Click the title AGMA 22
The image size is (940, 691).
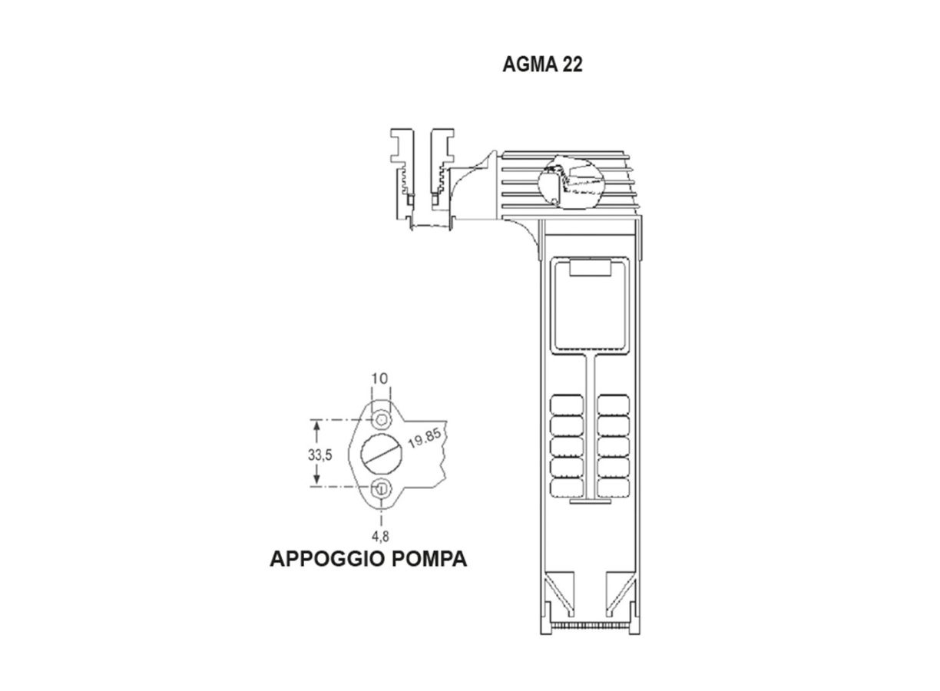tap(543, 65)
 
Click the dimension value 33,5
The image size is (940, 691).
tap(320, 455)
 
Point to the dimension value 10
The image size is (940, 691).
tap(380, 379)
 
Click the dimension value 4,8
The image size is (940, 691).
tap(380, 536)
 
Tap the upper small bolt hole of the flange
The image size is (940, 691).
tap(381, 419)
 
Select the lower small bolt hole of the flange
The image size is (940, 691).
tap(381, 488)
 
